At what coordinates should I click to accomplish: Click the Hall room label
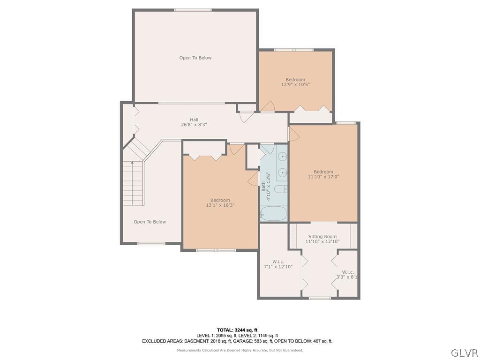point(194,120)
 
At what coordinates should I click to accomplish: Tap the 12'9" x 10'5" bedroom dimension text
point(295,85)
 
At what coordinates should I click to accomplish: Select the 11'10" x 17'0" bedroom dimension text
point(323,177)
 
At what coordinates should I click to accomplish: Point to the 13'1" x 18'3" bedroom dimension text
point(220,205)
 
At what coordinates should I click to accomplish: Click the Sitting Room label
point(322,237)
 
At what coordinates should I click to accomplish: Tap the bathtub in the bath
point(273,213)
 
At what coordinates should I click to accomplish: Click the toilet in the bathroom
point(280,189)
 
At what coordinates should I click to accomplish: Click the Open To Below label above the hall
point(195,58)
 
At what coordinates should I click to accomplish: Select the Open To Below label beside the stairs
point(150,222)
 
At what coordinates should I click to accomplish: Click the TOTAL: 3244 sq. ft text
point(237,330)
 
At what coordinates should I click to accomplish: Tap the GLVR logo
point(464,352)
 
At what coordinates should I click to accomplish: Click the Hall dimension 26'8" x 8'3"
point(194,125)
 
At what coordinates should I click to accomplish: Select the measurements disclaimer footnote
point(240,350)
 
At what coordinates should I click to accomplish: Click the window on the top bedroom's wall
point(293,50)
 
